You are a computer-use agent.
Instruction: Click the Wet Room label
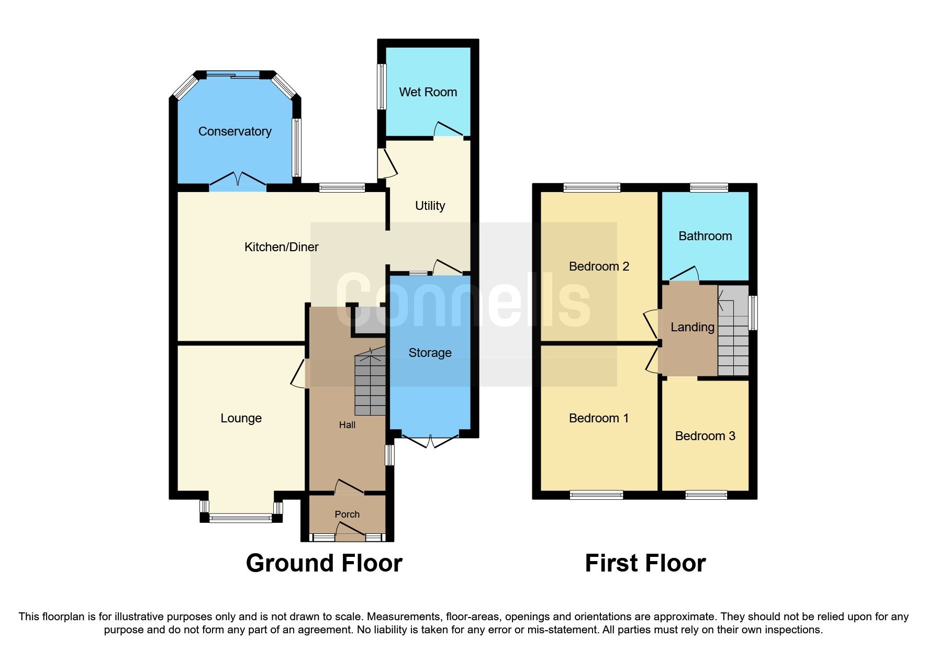click(x=428, y=92)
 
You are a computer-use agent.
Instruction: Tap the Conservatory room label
click(x=234, y=131)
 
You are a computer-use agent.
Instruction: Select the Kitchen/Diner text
click(x=281, y=247)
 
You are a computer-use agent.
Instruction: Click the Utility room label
click(x=430, y=206)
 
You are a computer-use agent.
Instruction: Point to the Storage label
click(x=430, y=353)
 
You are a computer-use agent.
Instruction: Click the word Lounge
click(x=241, y=418)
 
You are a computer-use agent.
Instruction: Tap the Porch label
click(x=347, y=514)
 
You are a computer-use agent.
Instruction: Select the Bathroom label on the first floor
click(x=705, y=236)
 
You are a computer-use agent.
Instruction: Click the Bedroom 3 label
click(x=705, y=436)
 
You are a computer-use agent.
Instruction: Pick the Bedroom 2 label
click(x=599, y=266)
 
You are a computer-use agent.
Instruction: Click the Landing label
click(x=692, y=327)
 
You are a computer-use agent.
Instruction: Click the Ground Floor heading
click(x=324, y=563)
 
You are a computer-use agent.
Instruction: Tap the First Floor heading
click(x=645, y=563)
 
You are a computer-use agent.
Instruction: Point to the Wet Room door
click(x=449, y=129)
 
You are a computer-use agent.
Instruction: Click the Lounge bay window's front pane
click(x=241, y=518)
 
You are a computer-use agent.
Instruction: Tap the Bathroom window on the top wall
click(x=709, y=187)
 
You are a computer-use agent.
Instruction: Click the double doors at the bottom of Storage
click(x=430, y=441)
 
